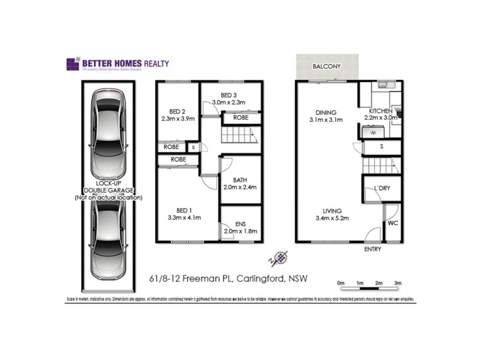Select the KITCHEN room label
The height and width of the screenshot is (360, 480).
[x=381, y=112]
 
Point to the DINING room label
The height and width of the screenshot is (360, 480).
[x=326, y=112]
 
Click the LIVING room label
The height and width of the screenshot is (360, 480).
[x=332, y=211]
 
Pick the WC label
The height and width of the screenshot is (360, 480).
[x=393, y=223]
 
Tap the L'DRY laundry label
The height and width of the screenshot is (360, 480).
[x=382, y=189]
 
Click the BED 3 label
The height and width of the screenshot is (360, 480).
[x=229, y=95]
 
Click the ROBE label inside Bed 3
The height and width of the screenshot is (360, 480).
[x=241, y=118]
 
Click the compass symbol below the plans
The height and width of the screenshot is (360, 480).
[x=279, y=258]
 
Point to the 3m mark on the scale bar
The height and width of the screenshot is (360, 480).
[x=398, y=283]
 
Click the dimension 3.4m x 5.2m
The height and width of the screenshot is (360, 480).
[x=332, y=219]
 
